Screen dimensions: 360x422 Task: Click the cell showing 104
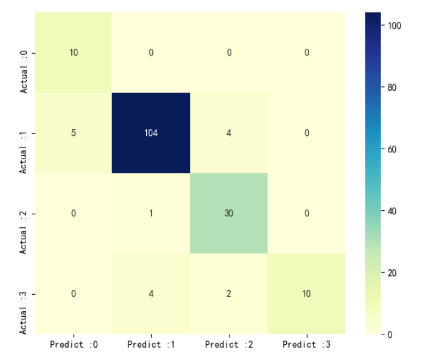[151, 133]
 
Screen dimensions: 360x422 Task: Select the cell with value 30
[229, 213]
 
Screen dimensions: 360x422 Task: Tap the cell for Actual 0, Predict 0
[73, 52]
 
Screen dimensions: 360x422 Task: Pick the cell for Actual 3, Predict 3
[306, 294]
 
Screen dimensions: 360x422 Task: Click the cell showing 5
[73, 133]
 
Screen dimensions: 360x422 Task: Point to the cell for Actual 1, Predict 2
[229, 133]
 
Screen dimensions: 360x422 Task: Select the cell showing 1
[151, 213]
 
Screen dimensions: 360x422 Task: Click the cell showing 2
[229, 294]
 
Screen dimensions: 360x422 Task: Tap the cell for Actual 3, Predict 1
[151, 294]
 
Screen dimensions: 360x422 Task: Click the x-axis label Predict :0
[73, 345]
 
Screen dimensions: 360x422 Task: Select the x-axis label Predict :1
[151, 345]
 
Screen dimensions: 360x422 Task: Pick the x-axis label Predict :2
[229, 345]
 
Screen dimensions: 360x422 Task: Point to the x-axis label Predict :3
[306, 345]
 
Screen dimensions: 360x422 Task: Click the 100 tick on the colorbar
[393, 25]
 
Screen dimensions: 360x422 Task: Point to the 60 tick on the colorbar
[393, 149]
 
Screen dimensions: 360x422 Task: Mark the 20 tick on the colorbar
[393, 272]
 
